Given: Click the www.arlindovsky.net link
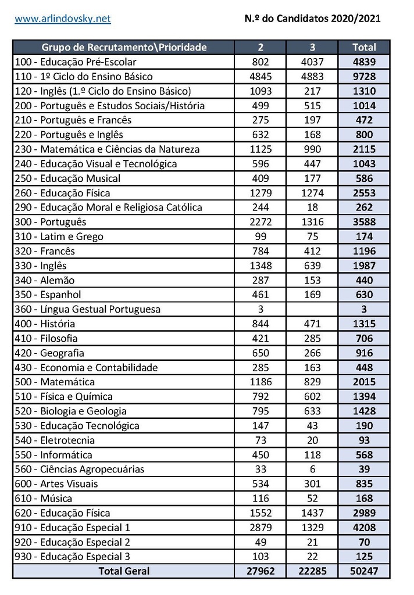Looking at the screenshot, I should click(x=63, y=19).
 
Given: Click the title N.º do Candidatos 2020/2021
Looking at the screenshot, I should click(x=313, y=19).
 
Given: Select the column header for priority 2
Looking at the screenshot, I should click(x=260, y=47).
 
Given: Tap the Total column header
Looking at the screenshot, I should click(x=365, y=47).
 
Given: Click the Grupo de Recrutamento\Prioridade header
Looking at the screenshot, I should click(x=124, y=47).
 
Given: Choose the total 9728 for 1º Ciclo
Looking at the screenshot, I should click(x=365, y=77).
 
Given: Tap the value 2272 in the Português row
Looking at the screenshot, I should click(x=260, y=222).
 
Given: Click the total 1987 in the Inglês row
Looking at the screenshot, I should click(x=365, y=266).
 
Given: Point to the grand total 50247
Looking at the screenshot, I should click(x=365, y=571).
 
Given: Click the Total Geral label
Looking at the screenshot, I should click(x=124, y=571).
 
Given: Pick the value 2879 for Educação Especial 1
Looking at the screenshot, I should click(x=260, y=528).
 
